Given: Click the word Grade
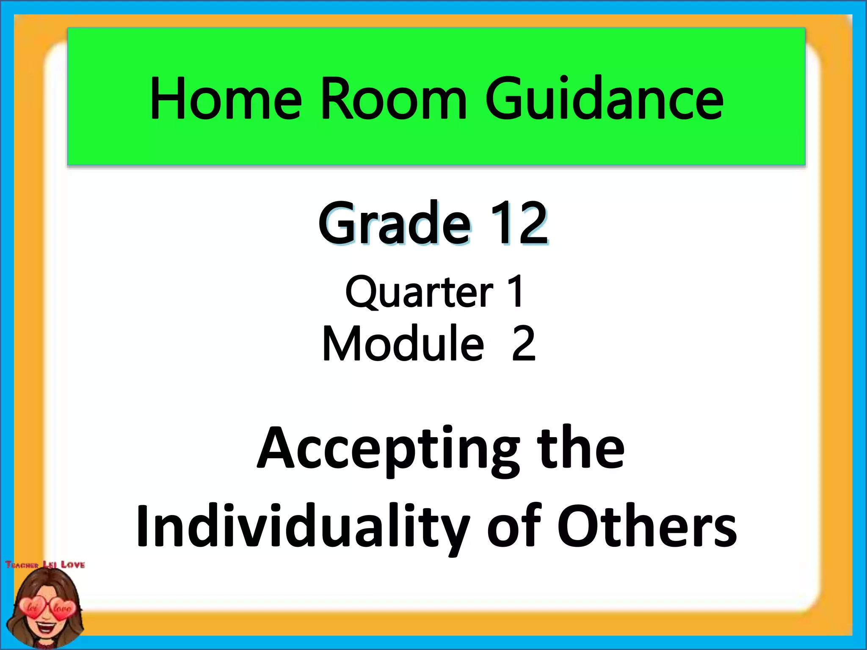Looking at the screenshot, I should click(394, 223).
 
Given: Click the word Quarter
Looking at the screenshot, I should click(419, 292).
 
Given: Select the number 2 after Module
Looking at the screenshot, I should click(524, 343).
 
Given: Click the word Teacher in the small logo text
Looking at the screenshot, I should click(22, 565).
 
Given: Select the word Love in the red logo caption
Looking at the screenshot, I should click(73, 565).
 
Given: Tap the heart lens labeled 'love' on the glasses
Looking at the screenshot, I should click(62, 609).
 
